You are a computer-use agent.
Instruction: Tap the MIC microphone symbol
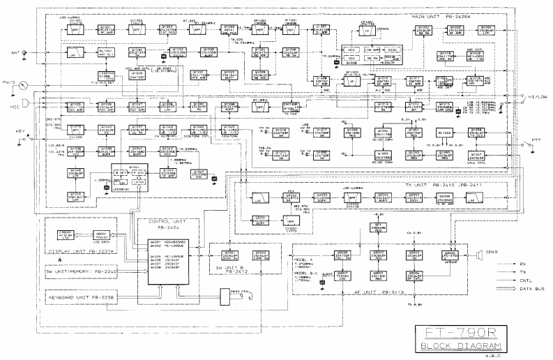click(26, 107)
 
